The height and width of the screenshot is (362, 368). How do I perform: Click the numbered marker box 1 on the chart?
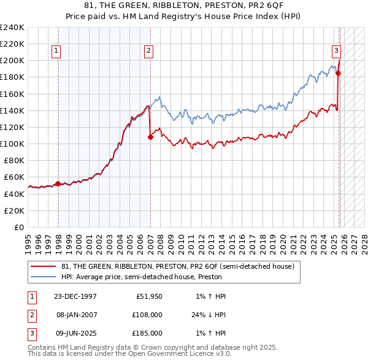(x=56, y=51)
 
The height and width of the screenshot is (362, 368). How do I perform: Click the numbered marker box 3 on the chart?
(x=337, y=51)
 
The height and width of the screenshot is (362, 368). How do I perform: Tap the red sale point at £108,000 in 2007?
(x=150, y=137)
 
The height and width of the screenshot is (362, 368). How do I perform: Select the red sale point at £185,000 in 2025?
(x=338, y=73)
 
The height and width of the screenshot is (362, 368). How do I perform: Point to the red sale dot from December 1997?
(x=58, y=183)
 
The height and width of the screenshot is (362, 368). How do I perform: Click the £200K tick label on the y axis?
(x=12, y=61)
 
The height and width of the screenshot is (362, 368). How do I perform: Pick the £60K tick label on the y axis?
(x=15, y=177)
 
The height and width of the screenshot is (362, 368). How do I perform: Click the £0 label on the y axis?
(x=20, y=227)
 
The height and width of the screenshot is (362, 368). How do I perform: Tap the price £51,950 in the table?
(x=148, y=296)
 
